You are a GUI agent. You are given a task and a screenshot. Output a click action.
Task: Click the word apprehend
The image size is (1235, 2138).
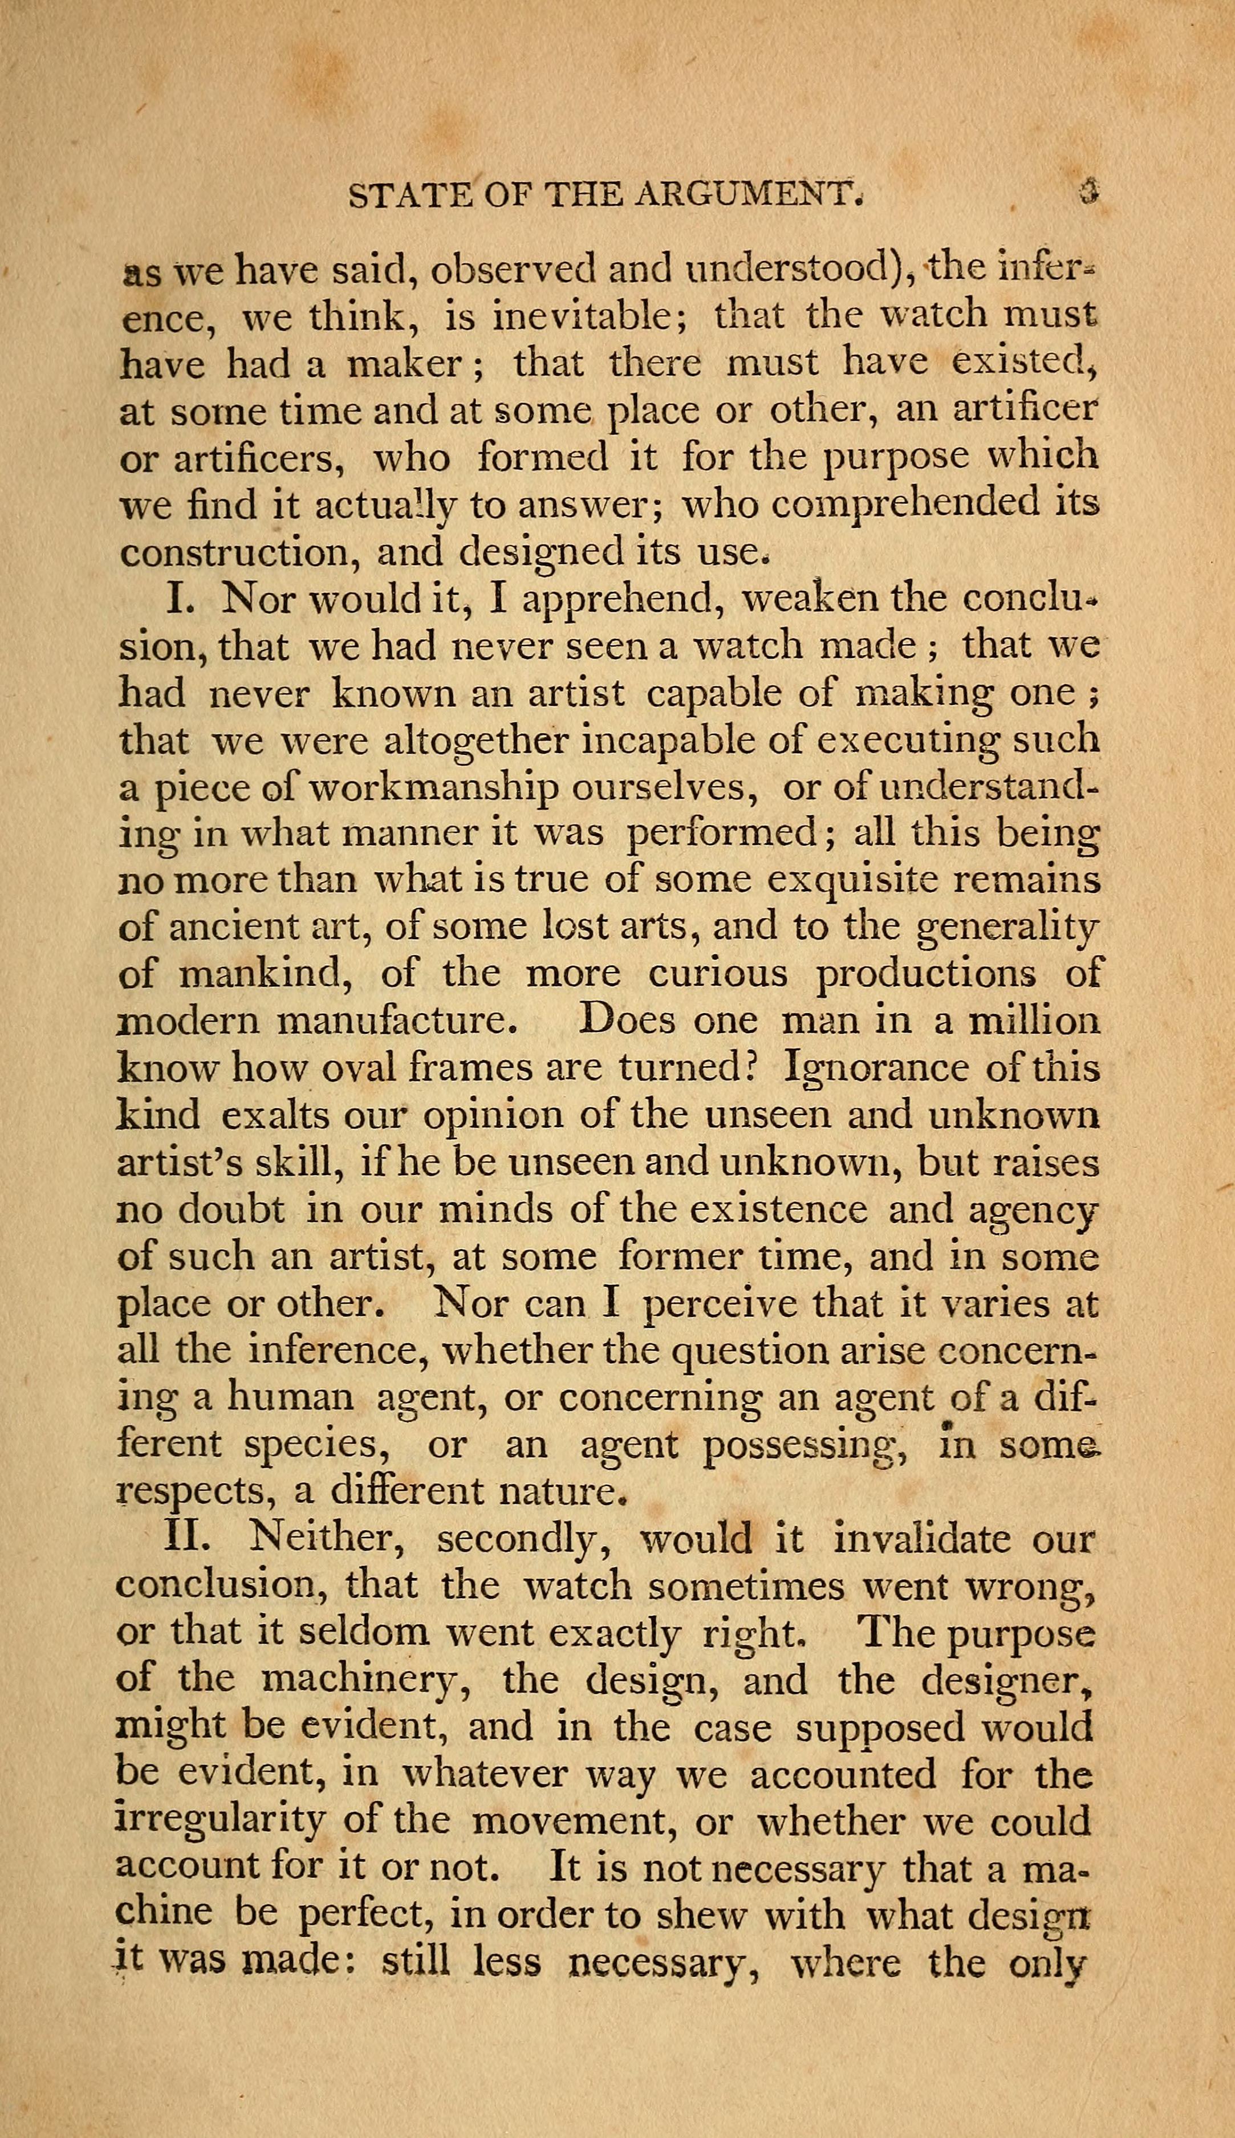(618, 600)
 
